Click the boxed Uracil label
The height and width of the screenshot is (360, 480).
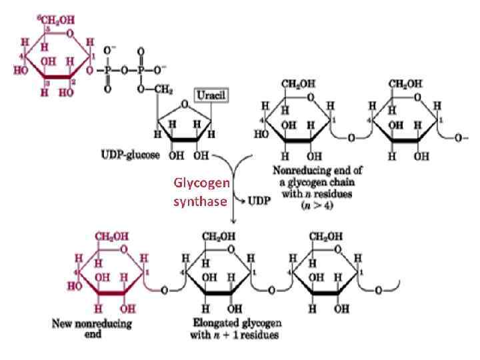[210, 95]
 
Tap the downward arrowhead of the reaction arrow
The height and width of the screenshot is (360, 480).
[230, 222]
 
